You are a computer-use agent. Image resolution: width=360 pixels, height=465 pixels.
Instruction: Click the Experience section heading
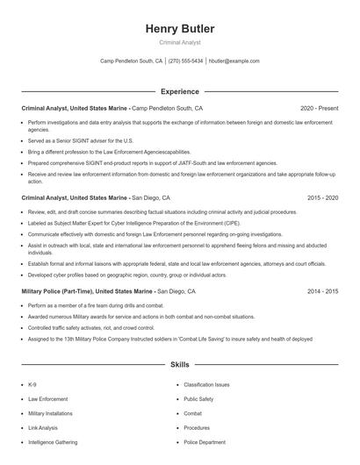[179, 91]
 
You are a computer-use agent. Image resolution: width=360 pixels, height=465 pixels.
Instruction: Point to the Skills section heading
[179, 363]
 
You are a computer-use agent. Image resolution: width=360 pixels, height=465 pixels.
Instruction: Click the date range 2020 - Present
[319, 108]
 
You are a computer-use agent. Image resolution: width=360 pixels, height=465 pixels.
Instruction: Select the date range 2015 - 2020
[322, 198]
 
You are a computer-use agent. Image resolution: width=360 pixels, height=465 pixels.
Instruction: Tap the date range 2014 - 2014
[322, 290]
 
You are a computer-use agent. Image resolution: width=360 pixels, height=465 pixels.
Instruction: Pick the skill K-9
[32, 384]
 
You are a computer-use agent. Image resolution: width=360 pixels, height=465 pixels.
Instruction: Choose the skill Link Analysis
[43, 427]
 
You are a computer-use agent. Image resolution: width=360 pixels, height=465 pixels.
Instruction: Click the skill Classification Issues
[206, 384]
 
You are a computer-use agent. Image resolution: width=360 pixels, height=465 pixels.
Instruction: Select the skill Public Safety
[198, 398]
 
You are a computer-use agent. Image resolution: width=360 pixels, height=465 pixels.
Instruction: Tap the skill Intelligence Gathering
[53, 442]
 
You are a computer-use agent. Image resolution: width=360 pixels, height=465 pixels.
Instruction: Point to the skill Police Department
[205, 442]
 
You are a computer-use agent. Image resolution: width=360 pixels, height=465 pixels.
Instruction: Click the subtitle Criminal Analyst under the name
[179, 42]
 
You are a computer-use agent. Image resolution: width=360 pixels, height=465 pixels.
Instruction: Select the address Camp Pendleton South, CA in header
[131, 61]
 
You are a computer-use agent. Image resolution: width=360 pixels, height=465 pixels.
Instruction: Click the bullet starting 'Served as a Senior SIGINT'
[81, 140]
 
